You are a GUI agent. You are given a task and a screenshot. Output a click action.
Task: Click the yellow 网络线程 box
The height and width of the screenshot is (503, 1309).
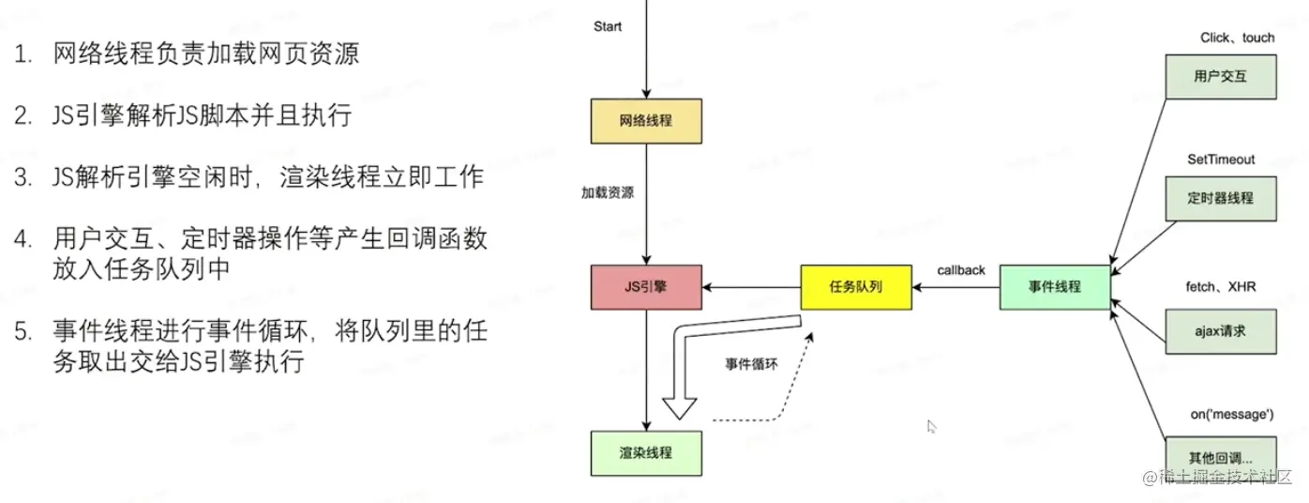point(647,121)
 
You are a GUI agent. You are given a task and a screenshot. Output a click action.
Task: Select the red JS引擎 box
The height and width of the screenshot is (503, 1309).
point(647,286)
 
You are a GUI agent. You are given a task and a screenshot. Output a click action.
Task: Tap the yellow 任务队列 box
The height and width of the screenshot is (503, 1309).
point(855,286)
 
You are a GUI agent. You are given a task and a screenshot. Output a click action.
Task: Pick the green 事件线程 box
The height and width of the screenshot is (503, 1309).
point(1055,286)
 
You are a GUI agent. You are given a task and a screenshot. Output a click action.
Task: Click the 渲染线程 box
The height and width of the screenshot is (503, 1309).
point(647,452)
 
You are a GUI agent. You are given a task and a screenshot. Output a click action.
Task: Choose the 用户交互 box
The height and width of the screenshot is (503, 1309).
point(1221,76)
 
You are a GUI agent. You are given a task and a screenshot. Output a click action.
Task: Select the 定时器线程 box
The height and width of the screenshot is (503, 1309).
point(1221,198)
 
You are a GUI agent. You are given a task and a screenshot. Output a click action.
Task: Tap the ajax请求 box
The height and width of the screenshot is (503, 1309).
point(1221,330)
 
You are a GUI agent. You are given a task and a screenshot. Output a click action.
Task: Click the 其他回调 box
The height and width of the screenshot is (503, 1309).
point(1221,457)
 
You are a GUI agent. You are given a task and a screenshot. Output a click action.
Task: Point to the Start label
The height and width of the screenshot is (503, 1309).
point(608,26)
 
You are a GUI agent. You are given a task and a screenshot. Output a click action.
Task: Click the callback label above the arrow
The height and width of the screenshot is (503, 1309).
point(961,270)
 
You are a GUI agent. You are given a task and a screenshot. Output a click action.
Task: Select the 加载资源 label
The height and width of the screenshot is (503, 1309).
point(608,193)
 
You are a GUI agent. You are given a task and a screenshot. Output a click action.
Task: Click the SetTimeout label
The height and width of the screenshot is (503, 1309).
point(1221,160)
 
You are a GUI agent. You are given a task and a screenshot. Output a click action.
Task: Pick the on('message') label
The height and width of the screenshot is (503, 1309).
point(1232,414)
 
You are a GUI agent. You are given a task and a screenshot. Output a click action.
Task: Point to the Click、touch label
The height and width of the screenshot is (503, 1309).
point(1238,38)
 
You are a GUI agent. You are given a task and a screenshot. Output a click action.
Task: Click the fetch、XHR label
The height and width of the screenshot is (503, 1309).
point(1222,286)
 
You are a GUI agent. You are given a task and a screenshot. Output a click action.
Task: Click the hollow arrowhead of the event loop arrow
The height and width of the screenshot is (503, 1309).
point(680,406)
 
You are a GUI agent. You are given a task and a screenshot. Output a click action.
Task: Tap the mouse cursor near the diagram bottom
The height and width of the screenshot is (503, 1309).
point(931,425)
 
